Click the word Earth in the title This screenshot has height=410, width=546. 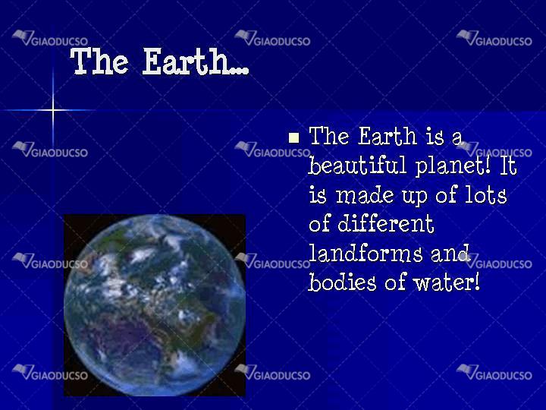point(186,61)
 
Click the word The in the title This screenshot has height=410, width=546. point(99,61)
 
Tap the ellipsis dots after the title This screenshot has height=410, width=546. point(240,71)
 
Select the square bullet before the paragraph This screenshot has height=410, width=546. point(294,137)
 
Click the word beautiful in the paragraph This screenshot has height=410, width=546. point(357,165)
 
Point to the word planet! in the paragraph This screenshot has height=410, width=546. point(453,166)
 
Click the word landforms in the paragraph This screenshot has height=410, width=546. point(366,253)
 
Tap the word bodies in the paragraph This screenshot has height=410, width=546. point(342,282)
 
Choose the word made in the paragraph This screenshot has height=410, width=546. point(365,194)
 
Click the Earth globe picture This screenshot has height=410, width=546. point(155,305)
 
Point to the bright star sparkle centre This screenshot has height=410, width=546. point(53,110)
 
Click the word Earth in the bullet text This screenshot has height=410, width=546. point(388,136)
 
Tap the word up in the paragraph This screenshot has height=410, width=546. point(414,197)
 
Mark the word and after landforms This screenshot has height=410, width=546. point(450,253)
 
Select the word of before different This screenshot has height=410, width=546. point(319,223)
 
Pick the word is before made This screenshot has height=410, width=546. point(318,194)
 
